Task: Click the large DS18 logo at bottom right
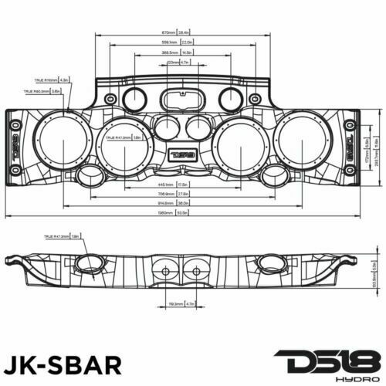(x=323, y=358)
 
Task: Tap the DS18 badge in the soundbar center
(x=182, y=153)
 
